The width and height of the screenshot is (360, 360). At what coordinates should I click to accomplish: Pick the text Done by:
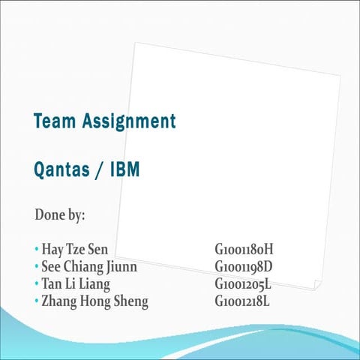click(60, 214)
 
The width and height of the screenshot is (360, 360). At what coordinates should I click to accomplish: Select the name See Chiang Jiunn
click(89, 266)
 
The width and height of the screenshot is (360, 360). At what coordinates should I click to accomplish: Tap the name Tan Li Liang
click(76, 284)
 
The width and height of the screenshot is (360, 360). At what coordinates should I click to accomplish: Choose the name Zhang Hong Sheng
click(94, 302)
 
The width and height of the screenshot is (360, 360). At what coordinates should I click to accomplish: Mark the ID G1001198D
click(244, 266)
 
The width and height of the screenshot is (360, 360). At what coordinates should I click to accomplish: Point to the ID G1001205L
click(243, 284)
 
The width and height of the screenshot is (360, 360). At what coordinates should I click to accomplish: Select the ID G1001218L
click(242, 302)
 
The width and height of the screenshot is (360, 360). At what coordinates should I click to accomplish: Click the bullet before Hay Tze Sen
click(36, 248)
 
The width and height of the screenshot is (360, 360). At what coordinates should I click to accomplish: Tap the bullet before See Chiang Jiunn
click(36, 265)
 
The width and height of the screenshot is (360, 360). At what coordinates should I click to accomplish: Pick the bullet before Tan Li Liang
click(36, 283)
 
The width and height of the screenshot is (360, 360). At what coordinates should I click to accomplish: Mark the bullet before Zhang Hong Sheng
click(36, 301)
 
